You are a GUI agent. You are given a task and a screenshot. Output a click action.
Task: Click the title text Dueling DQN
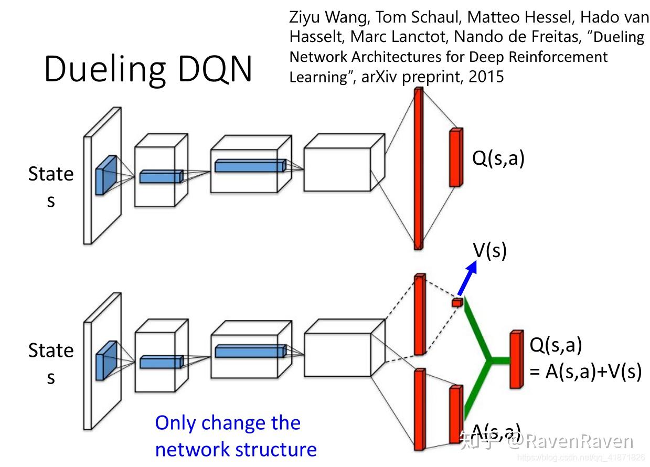tap(148, 69)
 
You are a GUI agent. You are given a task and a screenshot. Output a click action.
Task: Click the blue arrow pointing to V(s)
tap(467, 278)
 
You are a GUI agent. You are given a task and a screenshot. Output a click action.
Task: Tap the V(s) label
tap(490, 251)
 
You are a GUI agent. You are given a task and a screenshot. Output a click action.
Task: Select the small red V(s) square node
tap(457, 302)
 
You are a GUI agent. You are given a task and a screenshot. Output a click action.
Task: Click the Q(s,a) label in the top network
tap(498, 158)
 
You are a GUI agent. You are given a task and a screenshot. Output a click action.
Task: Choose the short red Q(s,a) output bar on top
tap(456, 157)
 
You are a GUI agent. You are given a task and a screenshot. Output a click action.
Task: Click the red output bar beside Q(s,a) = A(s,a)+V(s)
tap(517, 359)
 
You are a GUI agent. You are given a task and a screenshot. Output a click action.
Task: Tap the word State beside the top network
tap(51, 174)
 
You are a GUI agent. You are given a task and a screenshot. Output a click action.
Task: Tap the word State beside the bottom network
tap(51, 351)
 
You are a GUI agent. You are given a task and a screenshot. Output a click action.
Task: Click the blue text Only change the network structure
tap(236, 436)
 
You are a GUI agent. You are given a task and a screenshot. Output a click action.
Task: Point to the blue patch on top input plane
tap(105, 175)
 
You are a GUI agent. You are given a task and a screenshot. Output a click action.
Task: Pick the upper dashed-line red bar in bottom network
tap(419, 314)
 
